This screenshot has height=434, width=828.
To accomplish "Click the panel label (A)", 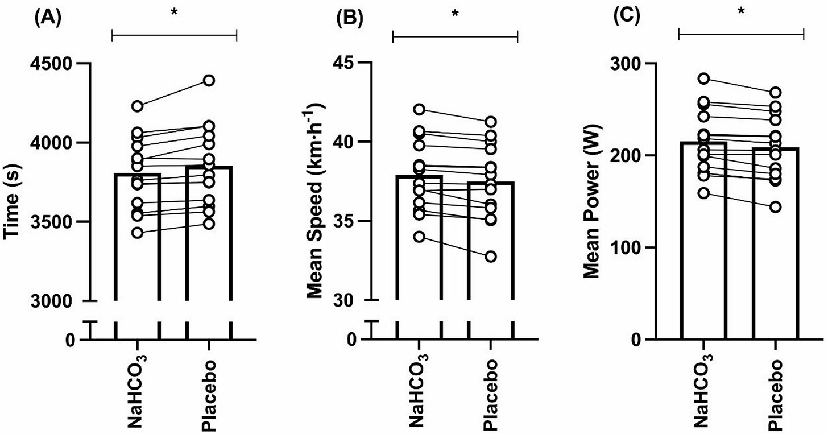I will (x=49, y=16).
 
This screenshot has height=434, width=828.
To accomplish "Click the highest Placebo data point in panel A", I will (x=209, y=80).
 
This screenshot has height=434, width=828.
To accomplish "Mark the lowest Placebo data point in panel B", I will (x=491, y=257).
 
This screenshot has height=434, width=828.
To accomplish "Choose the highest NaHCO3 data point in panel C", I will (x=703, y=78).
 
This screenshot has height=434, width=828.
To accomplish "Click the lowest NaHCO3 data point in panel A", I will (x=136, y=233).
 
